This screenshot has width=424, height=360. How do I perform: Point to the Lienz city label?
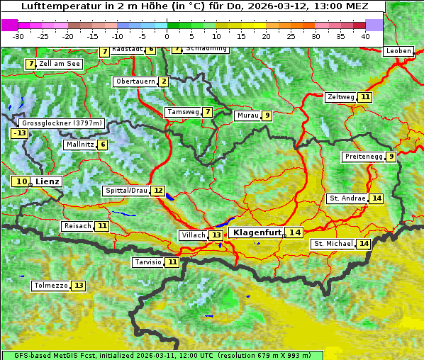tap(48, 181)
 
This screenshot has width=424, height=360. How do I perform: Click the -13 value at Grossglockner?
tap(19, 133)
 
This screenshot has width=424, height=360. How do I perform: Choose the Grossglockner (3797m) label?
tap(62, 123)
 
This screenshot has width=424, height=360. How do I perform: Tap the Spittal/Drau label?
tap(125, 191)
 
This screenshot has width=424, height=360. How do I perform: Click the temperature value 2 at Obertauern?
tap(164, 81)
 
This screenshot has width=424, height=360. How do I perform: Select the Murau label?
tap(247, 116)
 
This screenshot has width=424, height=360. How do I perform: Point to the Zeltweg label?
tap(340, 97)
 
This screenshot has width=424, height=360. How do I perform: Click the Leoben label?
tap(398, 51)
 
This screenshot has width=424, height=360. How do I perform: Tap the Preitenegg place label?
tap(363, 157)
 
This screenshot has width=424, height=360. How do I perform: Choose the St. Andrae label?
tap(347, 198)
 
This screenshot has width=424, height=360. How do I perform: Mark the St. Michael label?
tap(333, 244)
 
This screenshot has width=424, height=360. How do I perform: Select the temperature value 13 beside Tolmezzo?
tap(79, 286)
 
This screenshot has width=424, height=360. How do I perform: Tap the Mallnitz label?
tap(79, 145)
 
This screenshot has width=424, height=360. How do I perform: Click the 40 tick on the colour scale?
tap(365, 35)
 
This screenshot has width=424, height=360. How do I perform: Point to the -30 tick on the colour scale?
tap(18, 35)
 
